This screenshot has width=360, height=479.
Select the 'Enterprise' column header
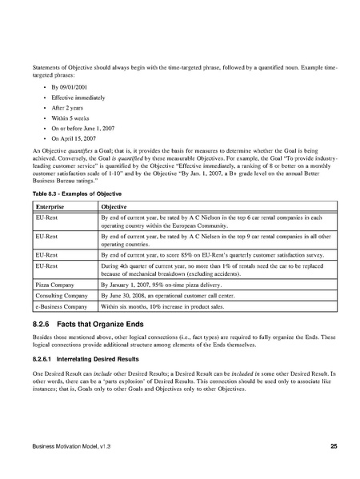tap(53, 206)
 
